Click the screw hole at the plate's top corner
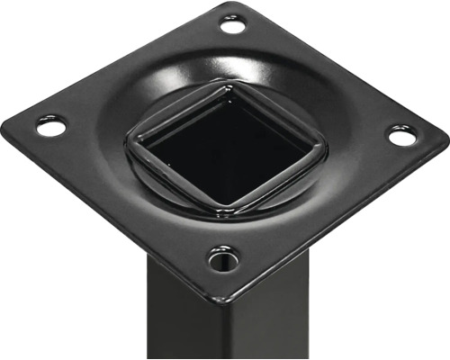(x=233, y=25)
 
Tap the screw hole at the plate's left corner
(x=50, y=126)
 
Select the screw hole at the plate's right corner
(x=402, y=136)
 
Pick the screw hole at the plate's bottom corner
(x=222, y=260)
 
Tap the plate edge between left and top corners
(x=117, y=58)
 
